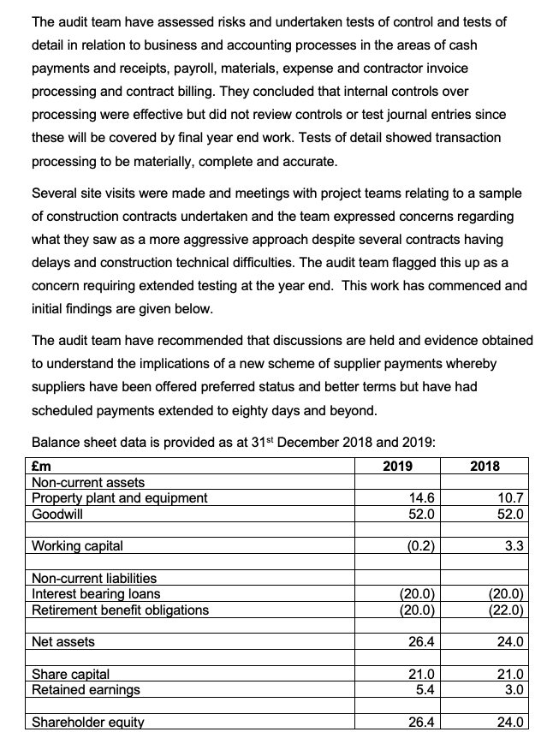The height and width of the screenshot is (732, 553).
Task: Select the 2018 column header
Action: [x=485, y=467]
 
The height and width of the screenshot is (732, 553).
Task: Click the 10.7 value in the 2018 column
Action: [x=510, y=498]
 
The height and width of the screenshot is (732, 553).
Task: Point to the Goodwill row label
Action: [x=58, y=514]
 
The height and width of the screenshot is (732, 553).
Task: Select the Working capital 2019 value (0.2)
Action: [x=419, y=545]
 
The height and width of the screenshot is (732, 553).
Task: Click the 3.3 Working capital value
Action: [x=514, y=545]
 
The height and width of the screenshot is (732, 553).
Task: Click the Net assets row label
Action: [x=63, y=641]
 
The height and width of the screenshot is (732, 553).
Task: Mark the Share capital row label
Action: [x=71, y=674]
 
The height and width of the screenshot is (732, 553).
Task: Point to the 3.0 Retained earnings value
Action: [x=514, y=689]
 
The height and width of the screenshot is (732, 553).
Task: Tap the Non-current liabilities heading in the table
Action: [x=94, y=579]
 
